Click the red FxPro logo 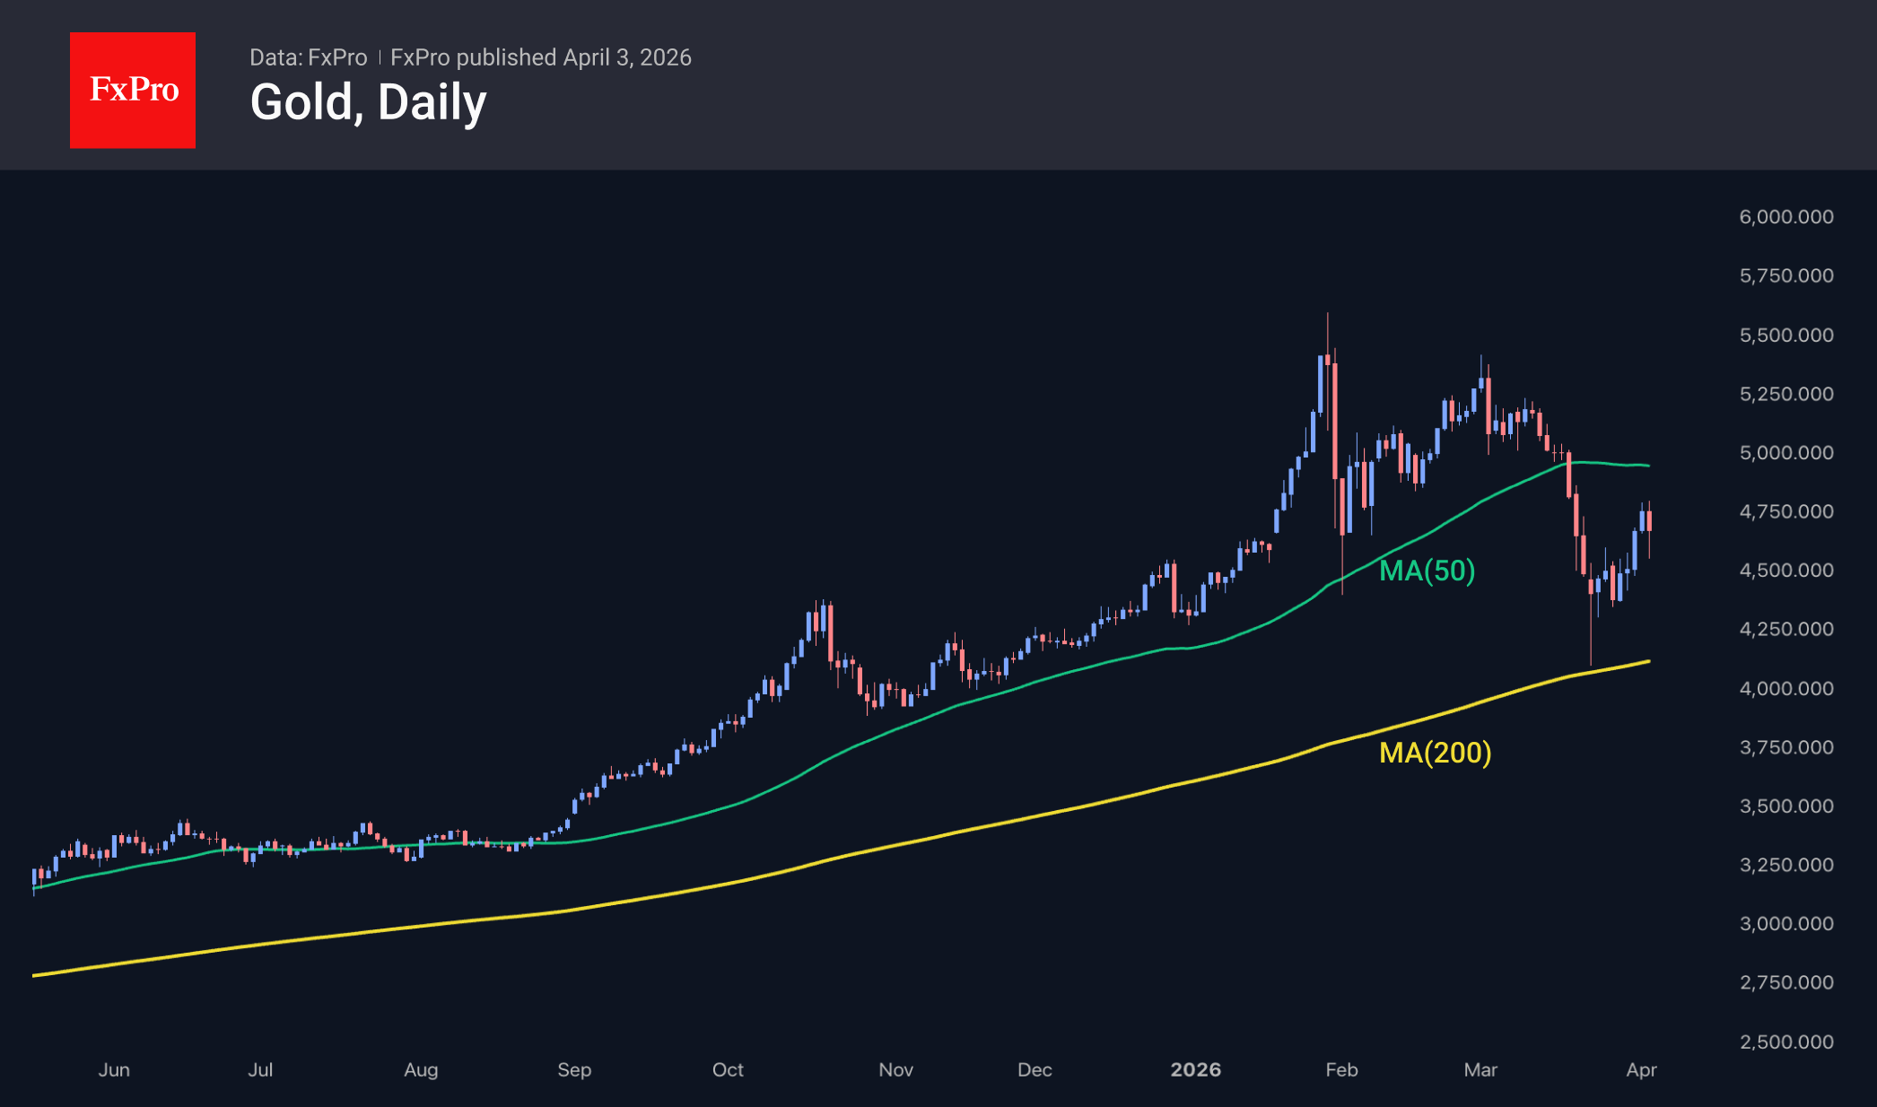(133, 90)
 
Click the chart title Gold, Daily (368, 102)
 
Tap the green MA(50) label (1427, 571)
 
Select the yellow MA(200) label (1435, 753)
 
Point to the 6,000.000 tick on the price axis (1785, 217)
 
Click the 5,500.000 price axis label (1785, 336)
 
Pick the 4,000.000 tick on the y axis (1785, 689)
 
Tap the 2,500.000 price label (1785, 1042)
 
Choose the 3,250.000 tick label (1785, 866)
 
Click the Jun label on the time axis (114, 1070)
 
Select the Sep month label (574, 1070)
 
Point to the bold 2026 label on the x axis (1195, 1070)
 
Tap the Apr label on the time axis (1641, 1070)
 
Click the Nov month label (895, 1070)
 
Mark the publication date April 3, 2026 (627, 57)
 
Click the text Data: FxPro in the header (308, 57)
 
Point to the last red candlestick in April (1649, 521)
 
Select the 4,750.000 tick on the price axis (1785, 512)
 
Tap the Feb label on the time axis (1341, 1070)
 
